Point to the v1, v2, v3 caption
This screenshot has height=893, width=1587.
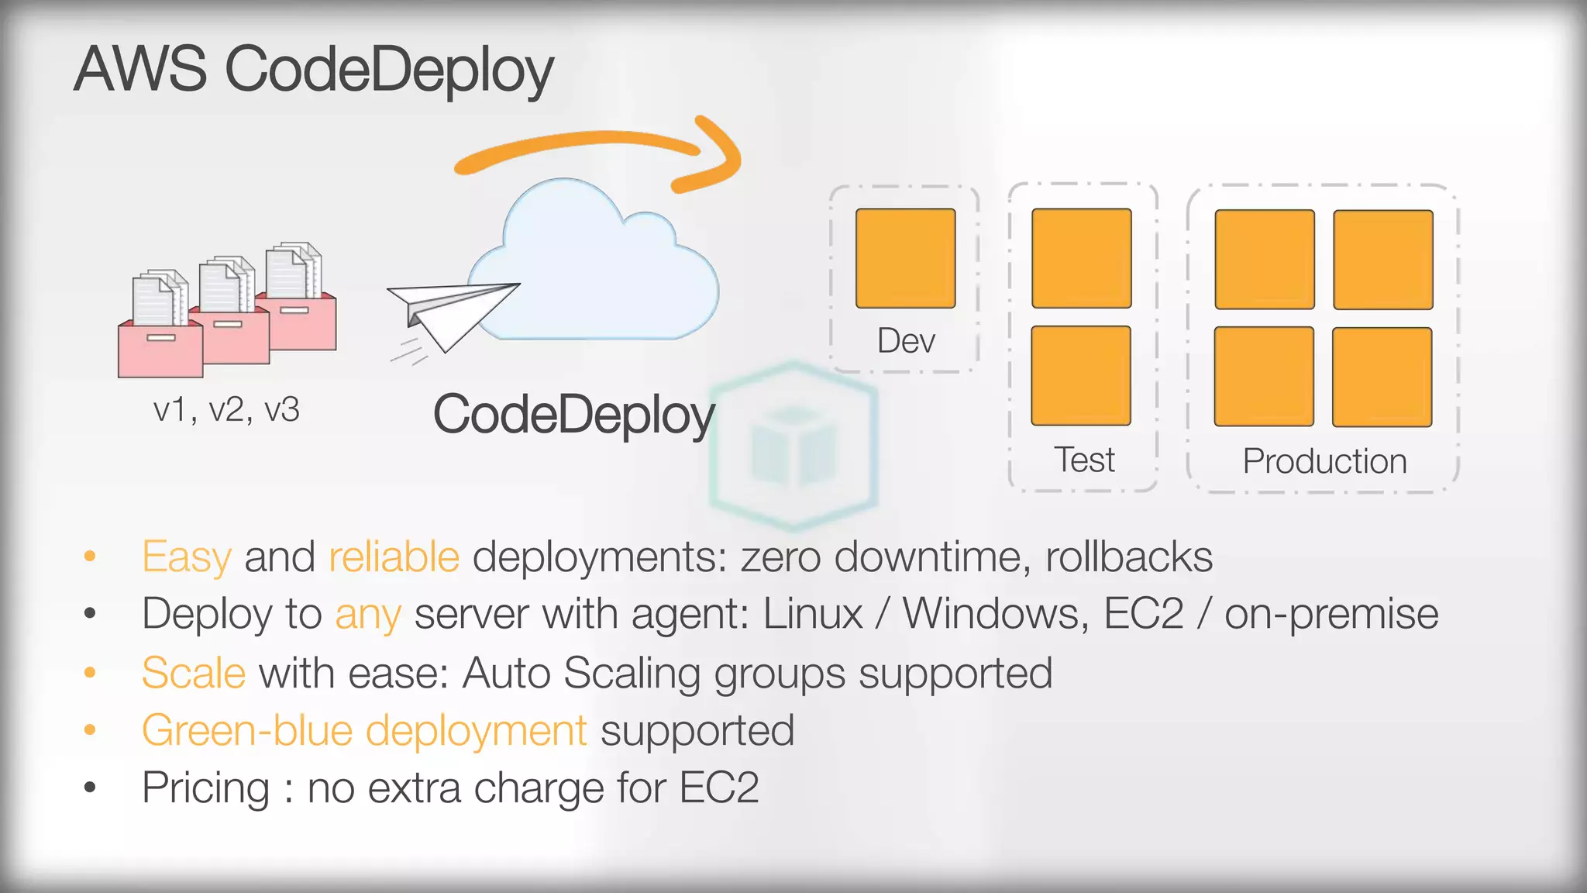click(226, 409)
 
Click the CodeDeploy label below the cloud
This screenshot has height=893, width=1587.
click(573, 415)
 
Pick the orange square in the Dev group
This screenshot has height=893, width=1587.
click(905, 258)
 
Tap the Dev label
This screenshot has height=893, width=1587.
click(906, 341)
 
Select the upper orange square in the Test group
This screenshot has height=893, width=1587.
click(1082, 258)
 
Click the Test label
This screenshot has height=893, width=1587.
click(1084, 460)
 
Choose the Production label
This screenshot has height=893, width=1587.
click(1324, 461)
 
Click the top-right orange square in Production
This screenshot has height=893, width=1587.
click(1383, 260)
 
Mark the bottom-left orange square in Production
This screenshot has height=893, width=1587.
click(1264, 377)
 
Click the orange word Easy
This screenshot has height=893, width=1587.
click(187, 557)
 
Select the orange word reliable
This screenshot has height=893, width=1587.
click(394, 557)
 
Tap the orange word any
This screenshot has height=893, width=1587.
click(368, 615)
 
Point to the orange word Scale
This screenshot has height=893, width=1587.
click(194, 672)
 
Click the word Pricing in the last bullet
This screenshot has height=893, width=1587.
click(206, 788)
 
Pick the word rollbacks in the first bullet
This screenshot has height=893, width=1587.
click(1129, 557)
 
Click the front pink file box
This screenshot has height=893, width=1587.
click(160, 349)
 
